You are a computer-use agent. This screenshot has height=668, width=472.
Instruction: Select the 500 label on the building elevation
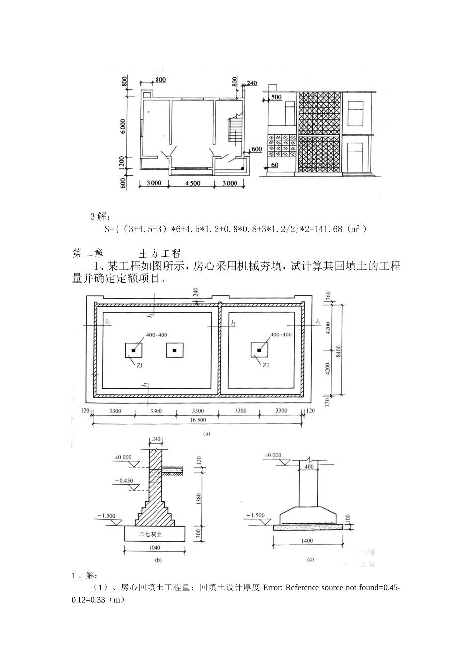(x=276, y=97)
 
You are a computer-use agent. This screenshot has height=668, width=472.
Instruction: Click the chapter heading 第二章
(x=88, y=253)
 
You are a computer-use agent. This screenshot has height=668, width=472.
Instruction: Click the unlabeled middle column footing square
(x=174, y=351)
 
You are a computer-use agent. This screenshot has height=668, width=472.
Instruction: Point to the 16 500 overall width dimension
(x=198, y=420)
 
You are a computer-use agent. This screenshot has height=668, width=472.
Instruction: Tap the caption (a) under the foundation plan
(x=206, y=434)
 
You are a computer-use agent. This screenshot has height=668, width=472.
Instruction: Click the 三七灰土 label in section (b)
(x=154, y=534)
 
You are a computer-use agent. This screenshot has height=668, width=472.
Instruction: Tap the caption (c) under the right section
(x=310, y=560)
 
